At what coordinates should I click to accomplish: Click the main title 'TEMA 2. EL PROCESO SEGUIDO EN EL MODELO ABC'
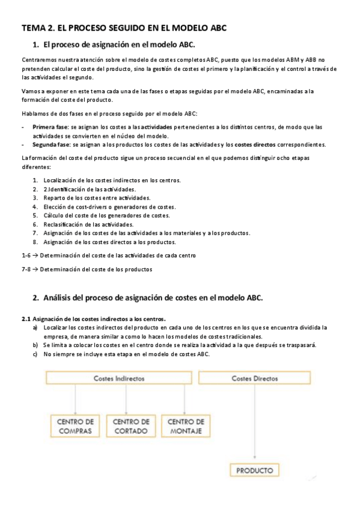(x=124, y=28)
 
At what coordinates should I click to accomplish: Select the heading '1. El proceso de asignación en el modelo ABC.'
(x=114, y=45)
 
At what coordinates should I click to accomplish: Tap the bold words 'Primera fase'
(x=50, y=127)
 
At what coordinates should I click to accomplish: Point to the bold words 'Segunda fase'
(x=52, y=144)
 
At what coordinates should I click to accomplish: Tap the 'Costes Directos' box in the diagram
(x=255, y=378)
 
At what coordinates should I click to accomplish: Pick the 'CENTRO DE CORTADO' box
(x=131, y=426)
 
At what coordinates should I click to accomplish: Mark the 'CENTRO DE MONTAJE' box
(x=186, y=426)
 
